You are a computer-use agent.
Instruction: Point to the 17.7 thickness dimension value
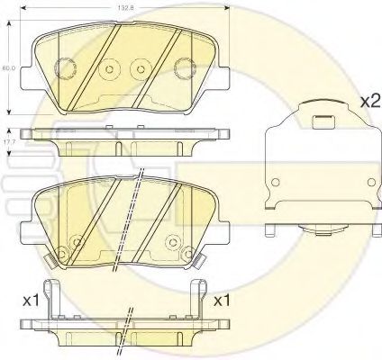[7, 141]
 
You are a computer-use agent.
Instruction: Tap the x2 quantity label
[368, 101]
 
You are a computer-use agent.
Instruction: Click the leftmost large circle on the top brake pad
[65, 67]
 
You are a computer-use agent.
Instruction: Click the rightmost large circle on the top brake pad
[186, 67]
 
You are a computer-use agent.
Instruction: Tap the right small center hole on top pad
[139, 68]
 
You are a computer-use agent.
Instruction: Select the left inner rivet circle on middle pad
[77, 240]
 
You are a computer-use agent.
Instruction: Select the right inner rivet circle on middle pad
[170, 240]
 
